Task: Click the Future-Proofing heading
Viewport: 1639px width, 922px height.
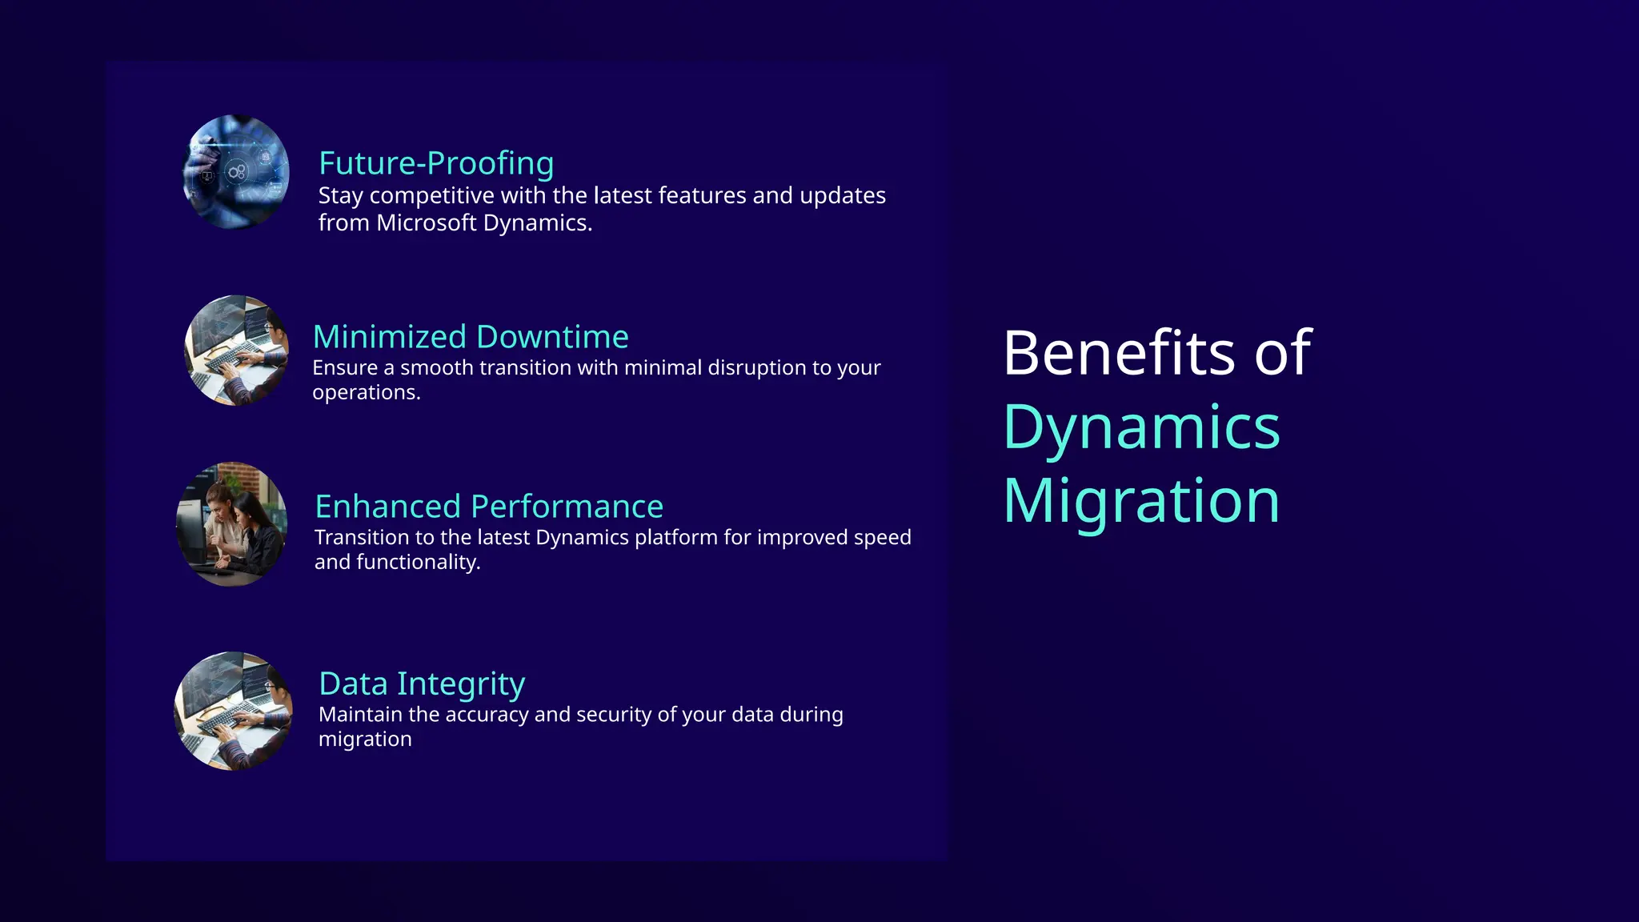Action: pos(436,163)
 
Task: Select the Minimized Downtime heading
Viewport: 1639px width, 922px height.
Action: pos(471,337)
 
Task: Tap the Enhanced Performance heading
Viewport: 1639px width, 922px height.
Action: pos(489,507)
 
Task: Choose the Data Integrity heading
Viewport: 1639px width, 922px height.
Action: pos(422,684)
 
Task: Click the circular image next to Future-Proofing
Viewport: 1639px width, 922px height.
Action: pos(236,171)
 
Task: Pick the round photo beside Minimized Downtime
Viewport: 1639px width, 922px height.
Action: pos(237,351)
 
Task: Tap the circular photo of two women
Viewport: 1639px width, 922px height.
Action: pos(232,524)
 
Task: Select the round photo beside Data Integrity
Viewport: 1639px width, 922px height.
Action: pos(234,711)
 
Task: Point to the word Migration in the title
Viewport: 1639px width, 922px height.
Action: pos(1141,501)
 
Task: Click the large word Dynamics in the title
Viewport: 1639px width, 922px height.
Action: pos(1141,427)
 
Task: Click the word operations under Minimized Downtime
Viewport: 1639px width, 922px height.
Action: pos(365,393)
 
